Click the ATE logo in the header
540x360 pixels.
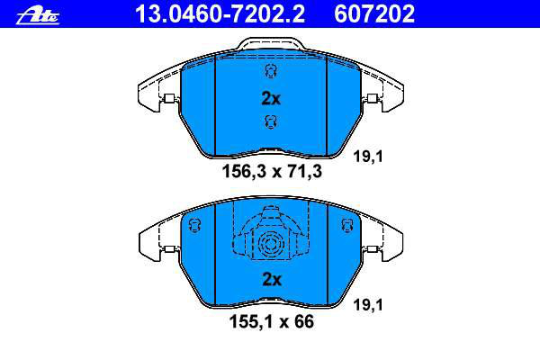click(38, 16)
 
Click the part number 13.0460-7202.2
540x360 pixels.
click(220, 13)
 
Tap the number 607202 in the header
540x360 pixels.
click(374, 13)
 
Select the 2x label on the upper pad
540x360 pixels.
click(271, 98)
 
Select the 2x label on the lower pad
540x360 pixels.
click(272, 279)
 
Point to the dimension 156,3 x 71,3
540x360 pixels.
click(272, 171)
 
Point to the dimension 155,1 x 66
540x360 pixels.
click(272, 321)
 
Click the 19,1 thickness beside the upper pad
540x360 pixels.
click(368, 157)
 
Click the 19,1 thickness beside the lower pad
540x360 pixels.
click(368, 305)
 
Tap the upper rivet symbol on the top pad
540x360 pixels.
click(271, 71)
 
